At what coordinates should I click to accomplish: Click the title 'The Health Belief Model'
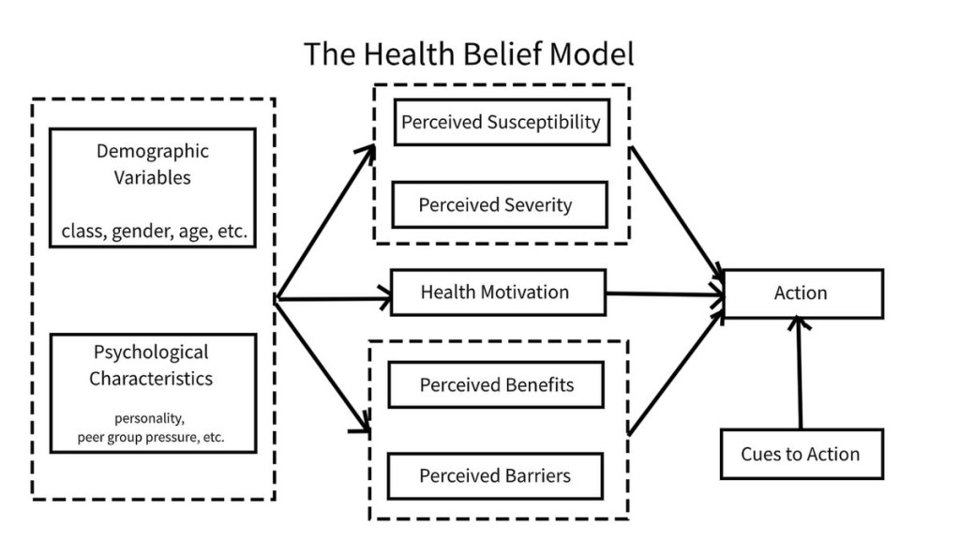coord(469,53)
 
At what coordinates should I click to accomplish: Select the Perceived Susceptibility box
coord(501,122)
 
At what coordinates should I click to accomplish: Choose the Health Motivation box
coord(497,292)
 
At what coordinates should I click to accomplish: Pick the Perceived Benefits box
coord(496,384)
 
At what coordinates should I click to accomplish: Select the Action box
coord(803,293)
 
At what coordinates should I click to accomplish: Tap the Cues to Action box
coord(800,454)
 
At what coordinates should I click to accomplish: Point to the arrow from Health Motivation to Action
coord(666,294)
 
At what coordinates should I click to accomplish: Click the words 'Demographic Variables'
coord(152,164)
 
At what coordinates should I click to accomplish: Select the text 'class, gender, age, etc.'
coord(154,232)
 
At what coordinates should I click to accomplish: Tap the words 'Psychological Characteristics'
coord(151,366)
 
